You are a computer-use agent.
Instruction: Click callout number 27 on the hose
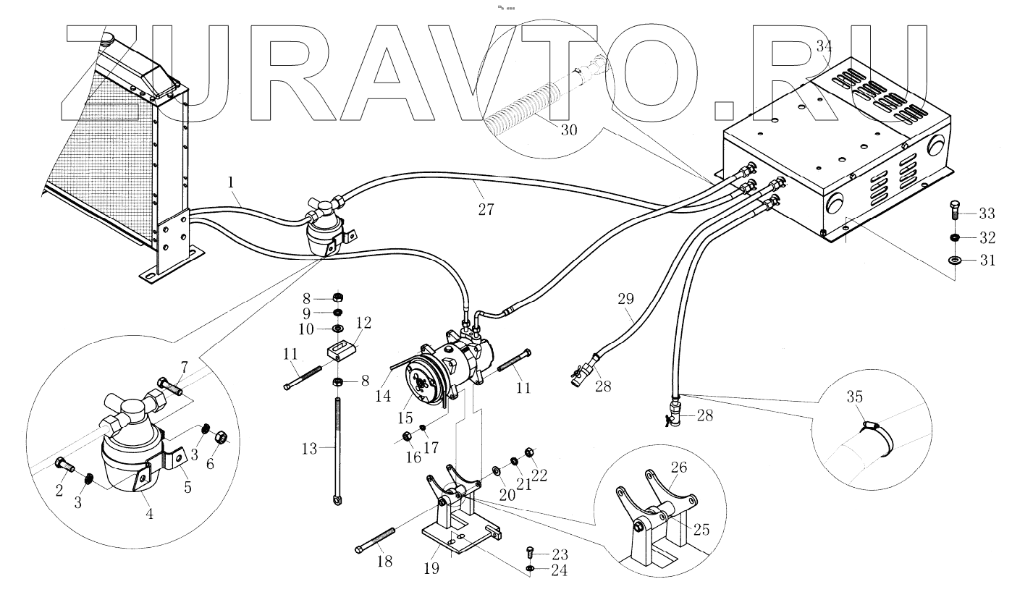[x=486, y=209]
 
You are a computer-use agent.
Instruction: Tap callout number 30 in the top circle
[x=568, y=130]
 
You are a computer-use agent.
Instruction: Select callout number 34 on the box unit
[x=824, y=46]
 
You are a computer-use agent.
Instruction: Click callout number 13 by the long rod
[x=309, y=449]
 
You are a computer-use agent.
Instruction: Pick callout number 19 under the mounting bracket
[x=431, y=568]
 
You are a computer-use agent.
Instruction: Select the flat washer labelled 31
[x=953, y=260]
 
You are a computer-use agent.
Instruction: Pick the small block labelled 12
[x=339, y=351]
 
